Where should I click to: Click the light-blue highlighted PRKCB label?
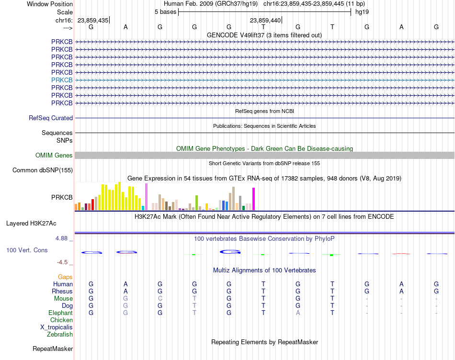(x=62, y=80)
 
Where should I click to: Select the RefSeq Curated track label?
(x=51, y=118)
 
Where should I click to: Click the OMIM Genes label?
(x=54, y=156)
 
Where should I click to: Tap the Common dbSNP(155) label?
(x=43, y=170)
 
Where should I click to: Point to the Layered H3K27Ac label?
(x=31, y=224)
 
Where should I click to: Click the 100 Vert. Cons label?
(x=27, y=250)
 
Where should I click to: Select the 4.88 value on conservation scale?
(x=61, y=238)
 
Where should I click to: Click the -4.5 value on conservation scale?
(x=62, y=262)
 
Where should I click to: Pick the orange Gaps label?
(x=65, y=277)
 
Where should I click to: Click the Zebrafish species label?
(x=60, y=335)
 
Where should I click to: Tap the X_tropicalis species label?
(x=57, y=327)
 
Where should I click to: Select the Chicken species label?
(x=61, y=320)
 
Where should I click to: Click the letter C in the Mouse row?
(x=160, y=299)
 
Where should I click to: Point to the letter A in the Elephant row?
(x=298, y=313)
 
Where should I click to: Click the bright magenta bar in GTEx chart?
(x=254, y=199)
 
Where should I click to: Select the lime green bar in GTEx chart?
(x=196, y=203)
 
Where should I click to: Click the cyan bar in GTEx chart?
(x=143, y=208)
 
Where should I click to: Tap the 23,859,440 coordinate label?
(x=265, y=20)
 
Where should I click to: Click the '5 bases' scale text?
(x=165, y=12)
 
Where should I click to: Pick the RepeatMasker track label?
(x=53, y=349)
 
